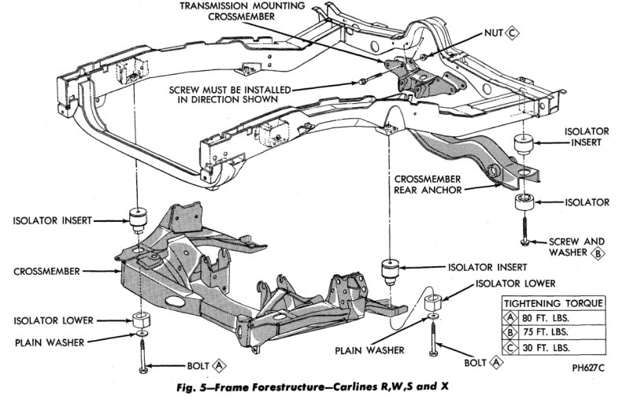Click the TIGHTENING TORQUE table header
(x=554, y=302)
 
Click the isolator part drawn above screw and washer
(x=524, y=202)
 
